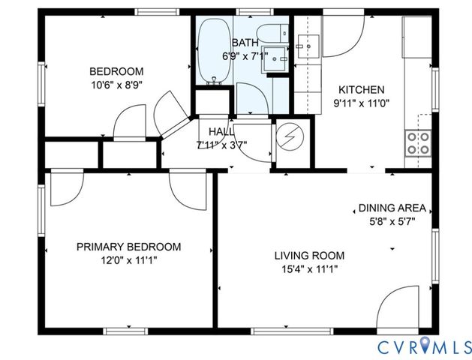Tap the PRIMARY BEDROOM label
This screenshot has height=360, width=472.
point(130,247)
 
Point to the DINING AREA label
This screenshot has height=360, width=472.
point(392,208)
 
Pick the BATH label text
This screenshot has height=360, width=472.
point(245,43)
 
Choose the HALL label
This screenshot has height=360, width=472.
point(221,131)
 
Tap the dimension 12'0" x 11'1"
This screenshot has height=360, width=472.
point(130,260)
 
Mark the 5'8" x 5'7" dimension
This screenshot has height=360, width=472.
point(392,221)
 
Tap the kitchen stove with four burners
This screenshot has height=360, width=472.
point(417,142)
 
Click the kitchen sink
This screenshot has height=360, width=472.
point(308,46)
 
